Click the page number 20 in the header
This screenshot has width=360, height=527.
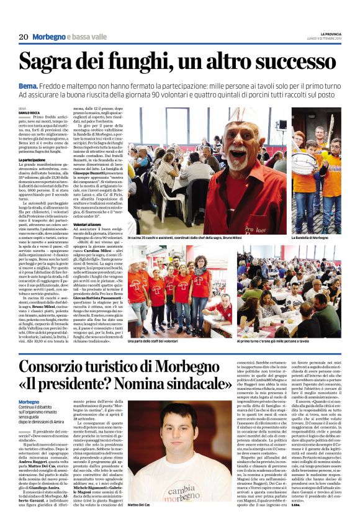[x=24, y=37]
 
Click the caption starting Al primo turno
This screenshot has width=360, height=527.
[x=272, y=341]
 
